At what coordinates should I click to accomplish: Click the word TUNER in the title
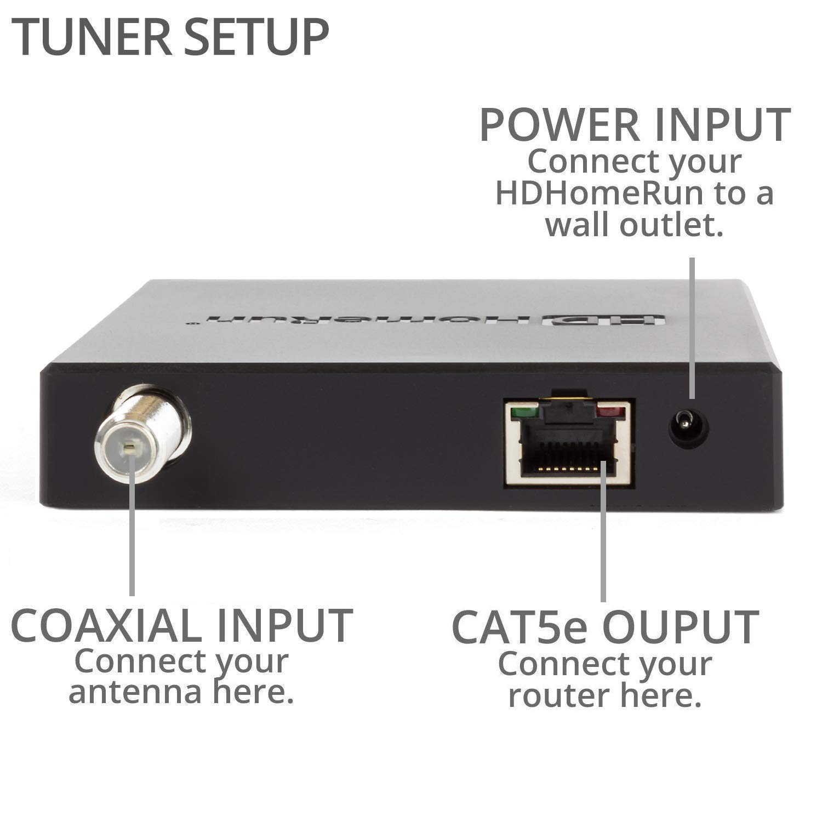point(81,37)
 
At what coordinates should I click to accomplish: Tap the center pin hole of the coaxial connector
point(129,449)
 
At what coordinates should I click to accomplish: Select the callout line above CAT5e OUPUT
point(603,532)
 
